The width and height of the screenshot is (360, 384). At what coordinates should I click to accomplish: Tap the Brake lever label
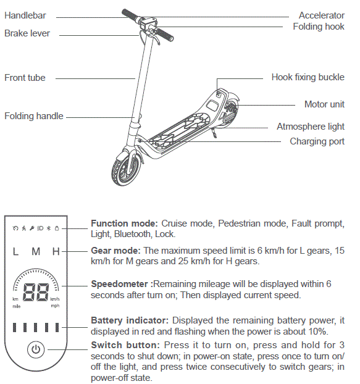27,33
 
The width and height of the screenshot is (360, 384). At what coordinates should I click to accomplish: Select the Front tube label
25,78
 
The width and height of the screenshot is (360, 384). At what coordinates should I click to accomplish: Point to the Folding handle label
33,116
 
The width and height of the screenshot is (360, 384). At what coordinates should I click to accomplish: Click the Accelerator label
321,15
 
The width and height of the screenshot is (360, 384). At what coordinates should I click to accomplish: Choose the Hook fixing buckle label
308,77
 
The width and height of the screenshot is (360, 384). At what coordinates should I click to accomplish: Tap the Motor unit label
324,104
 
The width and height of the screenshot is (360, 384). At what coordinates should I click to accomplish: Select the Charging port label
317,141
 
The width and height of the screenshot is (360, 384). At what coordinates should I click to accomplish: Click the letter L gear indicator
15,252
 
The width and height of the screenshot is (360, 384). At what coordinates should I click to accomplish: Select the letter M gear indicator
36,252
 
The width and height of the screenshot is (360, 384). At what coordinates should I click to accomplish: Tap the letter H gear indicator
56,252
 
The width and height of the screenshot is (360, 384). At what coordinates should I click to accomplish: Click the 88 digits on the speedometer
36,292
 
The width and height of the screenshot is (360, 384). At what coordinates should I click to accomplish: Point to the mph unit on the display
55,305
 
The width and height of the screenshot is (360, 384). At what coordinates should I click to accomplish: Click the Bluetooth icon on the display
48,228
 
